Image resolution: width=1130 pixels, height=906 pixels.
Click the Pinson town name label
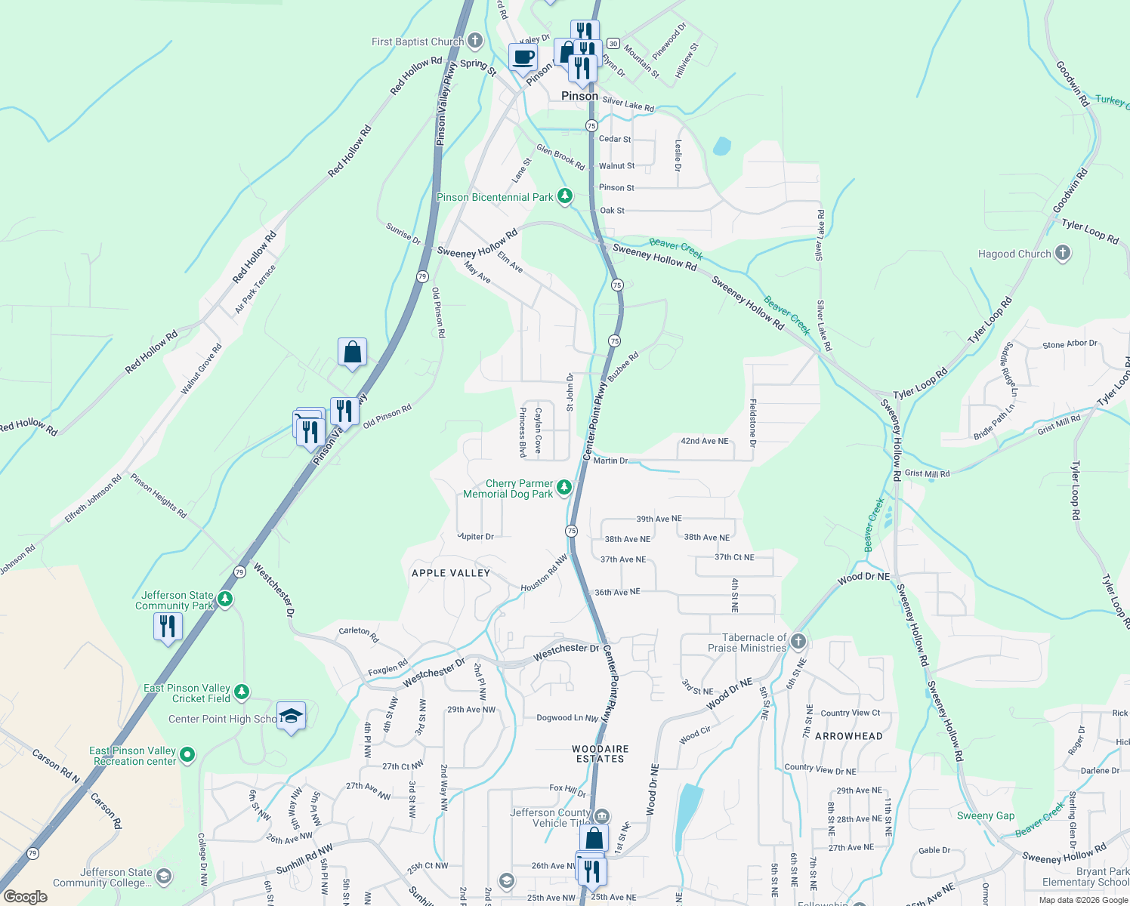pyautogui.click(x=579, y=96)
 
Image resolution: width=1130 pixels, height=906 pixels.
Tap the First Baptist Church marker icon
pyautogui.click(x=474, y=41)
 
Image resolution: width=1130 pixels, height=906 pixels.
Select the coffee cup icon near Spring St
pyautogui.click(x=523, y=57)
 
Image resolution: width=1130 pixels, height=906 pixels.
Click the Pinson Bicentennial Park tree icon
pyautogui.click(x=564, y=197)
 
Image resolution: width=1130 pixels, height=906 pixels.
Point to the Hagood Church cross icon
pyautogui.click(x=1062, y=253)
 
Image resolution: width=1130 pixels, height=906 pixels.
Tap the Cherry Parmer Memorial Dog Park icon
pyautogui.click(x=563, y=488)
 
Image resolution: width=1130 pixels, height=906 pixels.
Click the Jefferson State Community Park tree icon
pyautogui.click(x=224, y=599)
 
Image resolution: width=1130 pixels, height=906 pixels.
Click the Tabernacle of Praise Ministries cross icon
pyautogui.click(x=798, y=643)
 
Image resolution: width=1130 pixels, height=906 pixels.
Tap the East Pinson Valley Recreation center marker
pyautogui.click(x=187, y=755)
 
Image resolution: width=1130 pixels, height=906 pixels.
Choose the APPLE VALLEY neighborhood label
pyautogui.click(x=451, y=573)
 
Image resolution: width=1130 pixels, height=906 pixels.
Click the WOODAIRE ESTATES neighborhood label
pyautogui.click(x=601, y=753)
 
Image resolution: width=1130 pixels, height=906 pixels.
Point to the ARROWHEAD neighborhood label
pyautogui.click(x=848, y=736)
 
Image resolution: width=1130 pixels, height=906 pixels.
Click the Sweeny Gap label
pyautogui.click(x=986, y=815)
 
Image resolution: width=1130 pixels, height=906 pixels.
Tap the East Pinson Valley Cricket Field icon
pyautogui.click(x=241, y=692)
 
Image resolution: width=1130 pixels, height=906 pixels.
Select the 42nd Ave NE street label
pyautogui.click(x=705, y=441)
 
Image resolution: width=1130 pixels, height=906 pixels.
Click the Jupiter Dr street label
pyautogui.click(x=476, y=537)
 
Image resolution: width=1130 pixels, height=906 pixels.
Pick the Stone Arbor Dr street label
pyautogui.click(x=1070, y=344)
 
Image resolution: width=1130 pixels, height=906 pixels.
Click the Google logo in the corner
pyautogui.click(x=25, y=897)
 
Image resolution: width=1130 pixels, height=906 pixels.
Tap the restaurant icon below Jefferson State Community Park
pyautogui.click(x=168, y=627)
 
